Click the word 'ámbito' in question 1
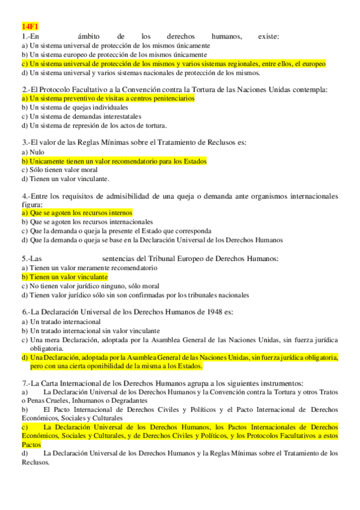(89, 36)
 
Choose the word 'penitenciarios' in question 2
(173, 99)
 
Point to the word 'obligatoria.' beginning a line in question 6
(47, 348)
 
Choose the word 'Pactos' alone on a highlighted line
(31, 444)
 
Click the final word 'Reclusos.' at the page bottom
(35, 462)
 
